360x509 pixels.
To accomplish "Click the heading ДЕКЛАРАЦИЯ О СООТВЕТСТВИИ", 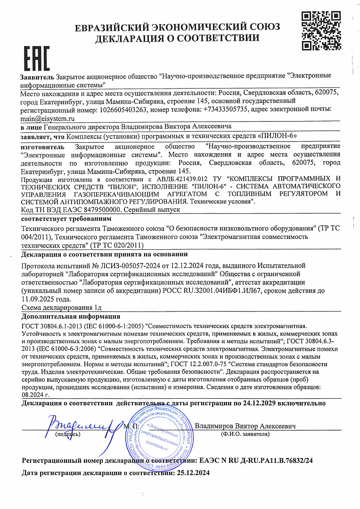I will point(177,38).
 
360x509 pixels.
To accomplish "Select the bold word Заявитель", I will point(37,76).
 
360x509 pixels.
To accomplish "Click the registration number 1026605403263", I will point(124,109).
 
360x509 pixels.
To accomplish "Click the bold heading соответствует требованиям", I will point(66,219).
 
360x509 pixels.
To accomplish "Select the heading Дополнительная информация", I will point(71,316).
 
